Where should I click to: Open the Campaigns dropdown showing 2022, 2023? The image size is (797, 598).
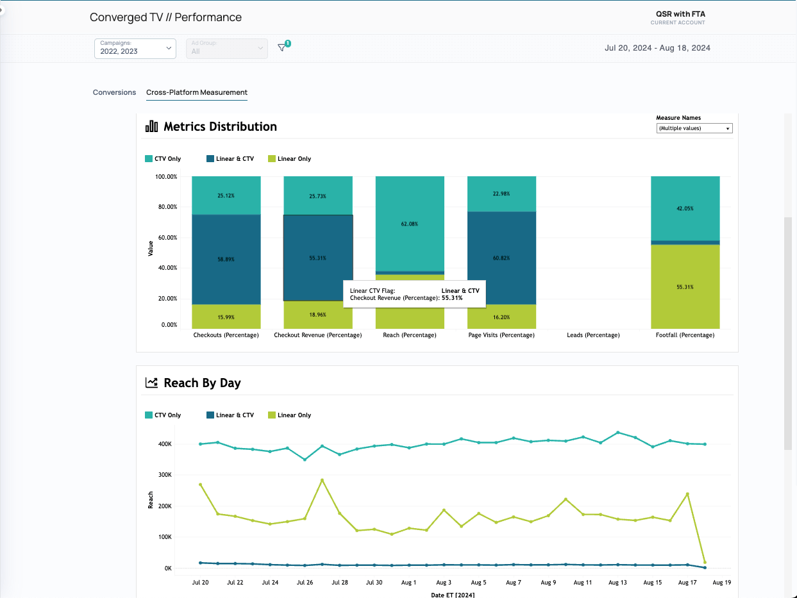point(135,49)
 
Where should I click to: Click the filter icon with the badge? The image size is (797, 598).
point(281,48)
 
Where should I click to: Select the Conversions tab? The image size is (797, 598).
point(114,92)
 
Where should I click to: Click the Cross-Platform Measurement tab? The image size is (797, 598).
point(197,92)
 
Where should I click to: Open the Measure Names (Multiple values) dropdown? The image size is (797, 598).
point(694,128)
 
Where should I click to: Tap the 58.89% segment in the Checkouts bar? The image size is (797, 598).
point(226,259)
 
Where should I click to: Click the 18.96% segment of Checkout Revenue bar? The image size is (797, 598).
point(317,315)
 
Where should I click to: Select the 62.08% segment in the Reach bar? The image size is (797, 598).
point(410,224)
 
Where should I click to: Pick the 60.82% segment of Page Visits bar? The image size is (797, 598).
point(501,258)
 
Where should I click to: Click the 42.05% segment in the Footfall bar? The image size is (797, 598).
point(685,208)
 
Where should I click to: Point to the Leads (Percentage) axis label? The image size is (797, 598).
point(593,335)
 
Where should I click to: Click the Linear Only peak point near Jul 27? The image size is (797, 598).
point(322,480)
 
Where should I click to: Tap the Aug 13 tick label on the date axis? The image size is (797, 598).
point(617,583)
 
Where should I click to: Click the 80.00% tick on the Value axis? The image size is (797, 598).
point(166,207)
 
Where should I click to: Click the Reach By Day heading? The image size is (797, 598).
point(202,383)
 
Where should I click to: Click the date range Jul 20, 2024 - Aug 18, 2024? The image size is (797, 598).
point(657,48)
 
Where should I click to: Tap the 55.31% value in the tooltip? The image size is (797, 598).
point(452,298)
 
